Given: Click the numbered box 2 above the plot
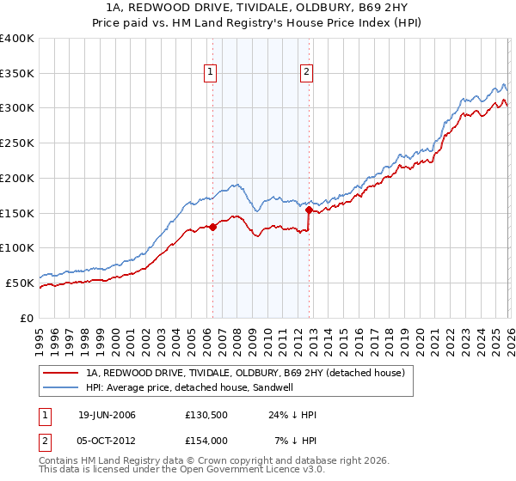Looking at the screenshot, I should point(307,73).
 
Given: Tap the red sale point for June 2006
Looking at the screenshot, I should point(212,227).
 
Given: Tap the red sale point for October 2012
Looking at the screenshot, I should point(308,207).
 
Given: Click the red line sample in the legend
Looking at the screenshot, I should point(62,373).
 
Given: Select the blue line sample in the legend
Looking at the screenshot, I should point(62,387).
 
